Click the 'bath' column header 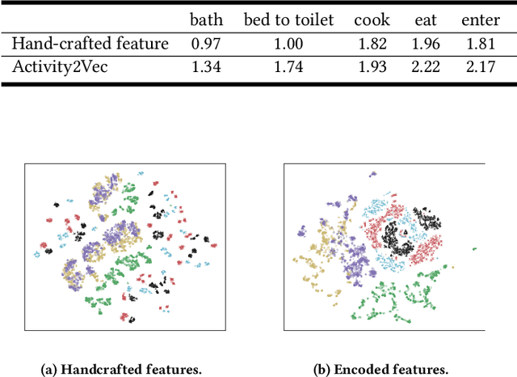204,20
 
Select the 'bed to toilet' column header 288,20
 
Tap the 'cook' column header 372,20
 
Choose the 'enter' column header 480,20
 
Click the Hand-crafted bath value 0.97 204,42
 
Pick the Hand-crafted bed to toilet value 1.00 288,42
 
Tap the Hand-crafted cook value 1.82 372,42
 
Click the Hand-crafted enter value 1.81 480,42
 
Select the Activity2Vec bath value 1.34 204,66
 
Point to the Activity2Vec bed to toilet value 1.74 288,66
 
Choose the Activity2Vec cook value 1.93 372,66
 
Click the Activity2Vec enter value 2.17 480,66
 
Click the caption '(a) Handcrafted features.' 121,369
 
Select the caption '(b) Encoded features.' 384,369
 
